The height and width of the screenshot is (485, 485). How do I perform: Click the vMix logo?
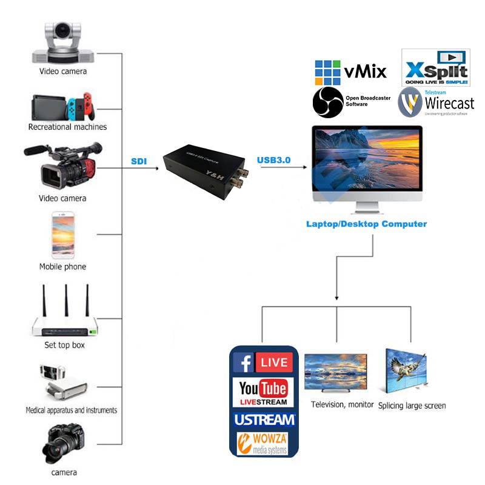[x=350, y=72]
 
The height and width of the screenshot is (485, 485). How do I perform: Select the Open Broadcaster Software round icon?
[x=328, y=102]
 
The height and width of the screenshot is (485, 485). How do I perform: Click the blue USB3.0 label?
[x=274, y=160]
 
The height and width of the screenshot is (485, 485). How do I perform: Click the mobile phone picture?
[x=62, y=233]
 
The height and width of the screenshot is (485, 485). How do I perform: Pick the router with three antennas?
[x=65, y=313]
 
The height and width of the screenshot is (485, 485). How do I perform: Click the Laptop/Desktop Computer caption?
[x=366, y=224]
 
